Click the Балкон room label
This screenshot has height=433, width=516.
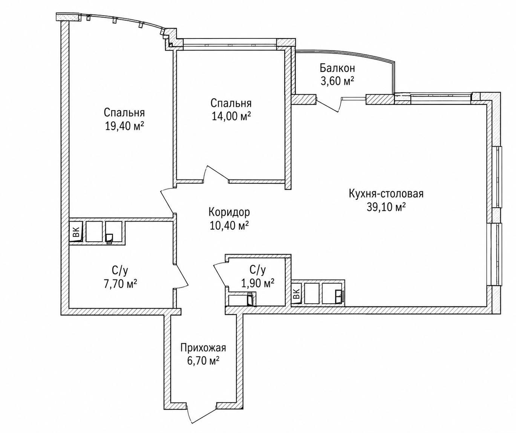pyautogui.click(x=337, y=68)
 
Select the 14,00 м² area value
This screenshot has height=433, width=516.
pyautogui.click(x=231, y=116)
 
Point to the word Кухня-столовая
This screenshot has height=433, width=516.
pyautogui.click(x=386, y=194)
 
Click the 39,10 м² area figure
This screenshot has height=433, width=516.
pyautogui.click(x=386, y=207)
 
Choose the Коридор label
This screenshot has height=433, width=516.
pyautogui.click(x=229, y=212)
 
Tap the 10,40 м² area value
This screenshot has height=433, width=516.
pyautogui.click(x=229, y=226)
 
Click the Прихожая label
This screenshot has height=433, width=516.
pyautogui.click(x=203, y=348)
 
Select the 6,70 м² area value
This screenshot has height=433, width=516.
pyautogui.click(x=203, y=361)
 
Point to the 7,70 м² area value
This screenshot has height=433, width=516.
pyautogui.click(x=120, y=285)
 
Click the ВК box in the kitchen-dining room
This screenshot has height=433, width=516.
pyautogui.click(x=297, y=293)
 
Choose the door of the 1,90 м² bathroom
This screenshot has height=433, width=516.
pyautogui.click(x=220, y=275)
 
